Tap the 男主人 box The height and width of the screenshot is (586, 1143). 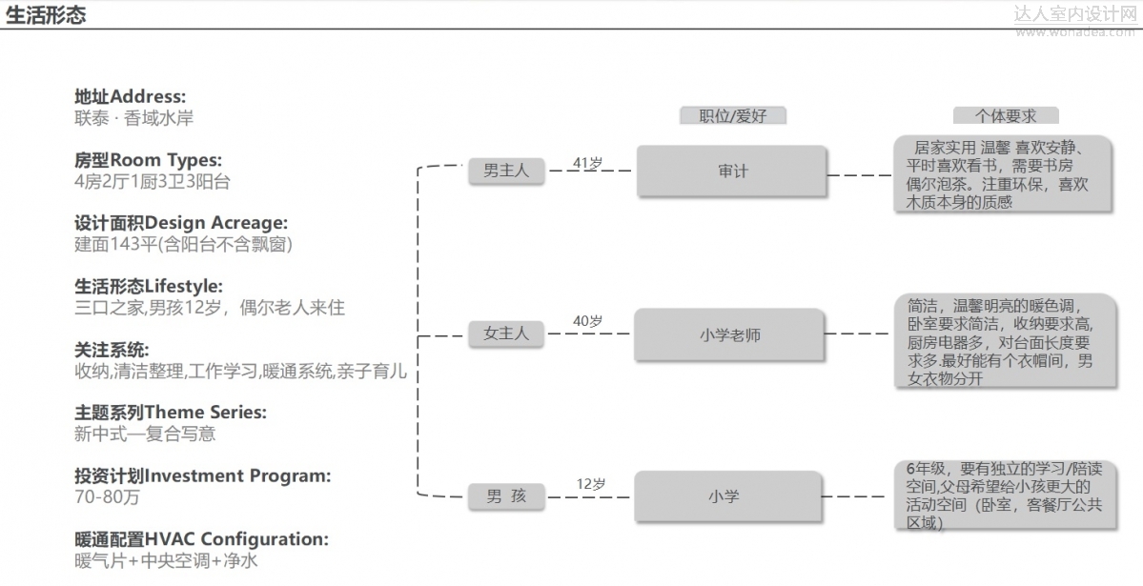[x=505, y=172]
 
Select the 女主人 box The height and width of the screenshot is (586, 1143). [x=505, y=333]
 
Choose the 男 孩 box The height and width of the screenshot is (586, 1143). [x=505, y=496]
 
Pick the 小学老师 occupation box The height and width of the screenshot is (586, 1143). [x=729, y=334]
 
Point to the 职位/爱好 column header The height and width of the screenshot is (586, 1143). [x=732, y=115]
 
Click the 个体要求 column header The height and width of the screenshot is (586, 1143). [x=1005, y=115]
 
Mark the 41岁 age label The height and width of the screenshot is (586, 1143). [x=587, y=163]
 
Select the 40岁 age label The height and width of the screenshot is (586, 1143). [x=587, y=321]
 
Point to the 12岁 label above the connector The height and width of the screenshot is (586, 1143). [x=590, y=484]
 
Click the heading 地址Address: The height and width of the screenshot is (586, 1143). [x=131, y=97]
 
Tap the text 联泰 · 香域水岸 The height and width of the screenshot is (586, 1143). [x=133, y=119]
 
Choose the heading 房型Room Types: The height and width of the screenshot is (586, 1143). [x=148, y=160]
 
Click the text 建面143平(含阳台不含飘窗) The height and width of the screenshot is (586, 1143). [x=183, y=244]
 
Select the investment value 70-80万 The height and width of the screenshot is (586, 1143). [x=108, y=496]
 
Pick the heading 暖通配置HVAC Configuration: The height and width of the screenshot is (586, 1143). [x=201, y=539]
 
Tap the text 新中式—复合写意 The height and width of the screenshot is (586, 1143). [x=145, y=434]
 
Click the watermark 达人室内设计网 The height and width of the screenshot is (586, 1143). [x=1074, y=13]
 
